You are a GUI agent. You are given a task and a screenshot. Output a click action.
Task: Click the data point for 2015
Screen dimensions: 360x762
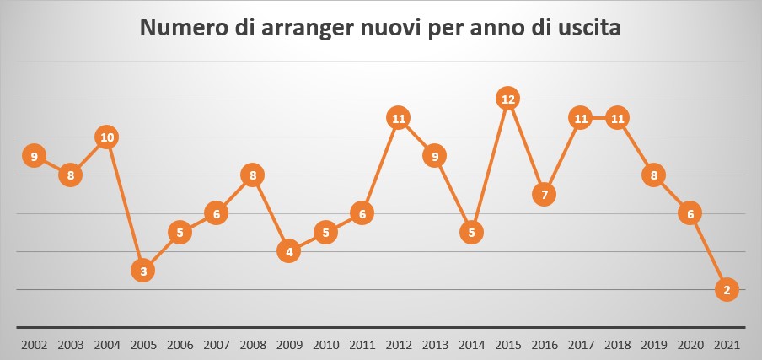click(507, 99)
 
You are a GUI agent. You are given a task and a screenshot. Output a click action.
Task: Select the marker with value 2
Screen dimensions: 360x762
click(727, 289)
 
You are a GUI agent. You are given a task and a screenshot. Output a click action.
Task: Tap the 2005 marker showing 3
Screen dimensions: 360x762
click(143, 271)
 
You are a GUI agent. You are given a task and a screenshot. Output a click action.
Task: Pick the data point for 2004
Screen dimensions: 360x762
click(107, 137)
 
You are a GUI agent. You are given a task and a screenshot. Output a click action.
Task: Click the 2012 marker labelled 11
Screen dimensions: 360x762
click(399, 118)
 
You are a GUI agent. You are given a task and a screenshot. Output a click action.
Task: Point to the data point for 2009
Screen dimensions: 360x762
click(289, 251)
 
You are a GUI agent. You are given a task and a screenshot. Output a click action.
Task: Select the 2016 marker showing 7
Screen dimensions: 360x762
click(545, 194)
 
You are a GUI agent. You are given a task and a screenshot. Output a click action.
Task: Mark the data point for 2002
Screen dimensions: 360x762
click(34, 156)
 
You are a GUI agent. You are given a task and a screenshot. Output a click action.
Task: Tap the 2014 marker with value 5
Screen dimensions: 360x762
click(472, 232)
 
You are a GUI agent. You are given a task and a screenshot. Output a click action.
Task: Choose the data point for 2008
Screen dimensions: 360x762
click(253, 175)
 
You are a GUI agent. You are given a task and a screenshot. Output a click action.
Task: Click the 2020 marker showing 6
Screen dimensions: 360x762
click(690, 213)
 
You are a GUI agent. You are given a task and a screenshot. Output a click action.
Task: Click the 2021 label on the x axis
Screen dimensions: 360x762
click(727, 345)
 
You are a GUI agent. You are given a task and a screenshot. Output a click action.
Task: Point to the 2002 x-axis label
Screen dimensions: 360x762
click(34, 345)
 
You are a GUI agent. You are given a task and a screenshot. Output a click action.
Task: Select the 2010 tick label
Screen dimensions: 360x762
click(326, 345)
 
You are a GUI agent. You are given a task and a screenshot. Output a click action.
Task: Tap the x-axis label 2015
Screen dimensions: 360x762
click(507, 345)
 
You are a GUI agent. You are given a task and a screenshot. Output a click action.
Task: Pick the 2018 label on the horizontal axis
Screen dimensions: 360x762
click(617, 345)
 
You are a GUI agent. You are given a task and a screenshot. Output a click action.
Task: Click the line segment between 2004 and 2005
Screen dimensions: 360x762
click(125, 203)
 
